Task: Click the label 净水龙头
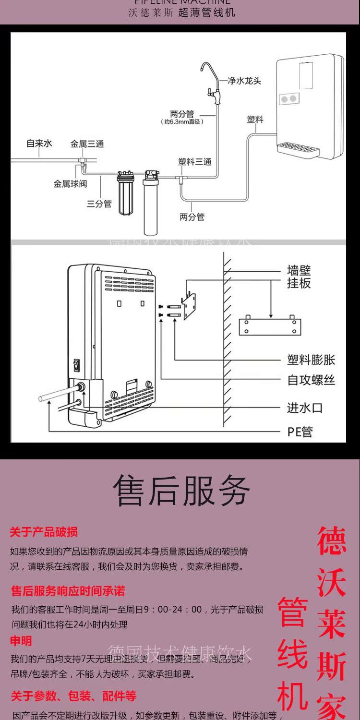(x=244, y=81)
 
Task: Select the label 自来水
(x=39, y=143)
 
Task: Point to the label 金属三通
(x=87, y=144)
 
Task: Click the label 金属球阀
(x=70, y=183)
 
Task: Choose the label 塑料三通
(x=194, y=162)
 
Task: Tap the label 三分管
(x=99, y=204)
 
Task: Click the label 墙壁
(x=299, y=270)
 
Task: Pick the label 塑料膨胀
(x=311, y=360)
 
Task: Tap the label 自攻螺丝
(x=311, y=381)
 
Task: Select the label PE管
(x=300, y=432)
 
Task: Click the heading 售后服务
(x=181, y=491)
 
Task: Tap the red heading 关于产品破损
(x=44, y=532)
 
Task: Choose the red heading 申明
(x=21, y=641)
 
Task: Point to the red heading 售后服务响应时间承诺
(x=68, y=591)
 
